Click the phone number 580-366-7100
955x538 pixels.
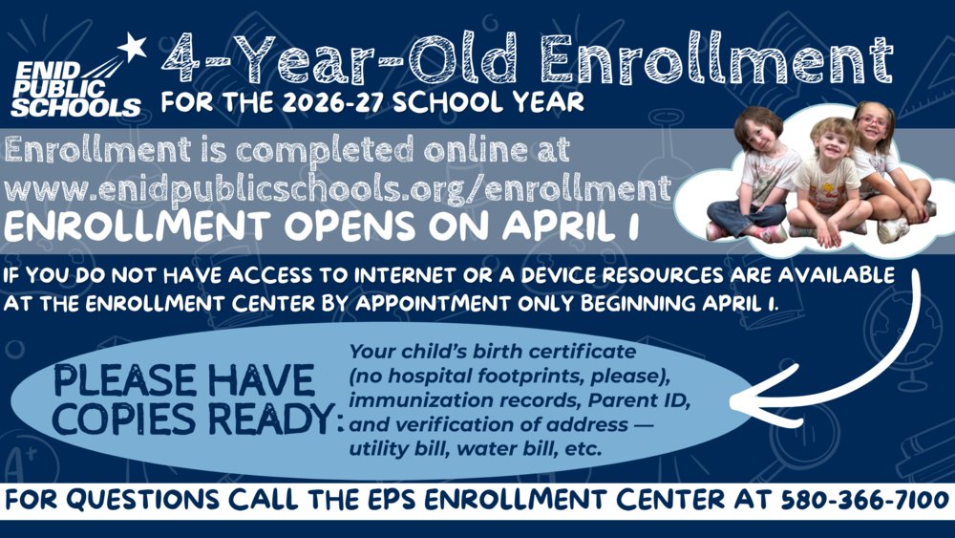pyautogui.click(x=864, y=500)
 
